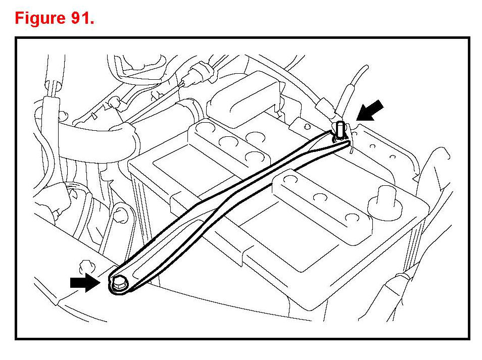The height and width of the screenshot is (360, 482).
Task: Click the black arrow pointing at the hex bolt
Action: [84, 283]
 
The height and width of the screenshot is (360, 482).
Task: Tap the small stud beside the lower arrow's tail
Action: [84, 264]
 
